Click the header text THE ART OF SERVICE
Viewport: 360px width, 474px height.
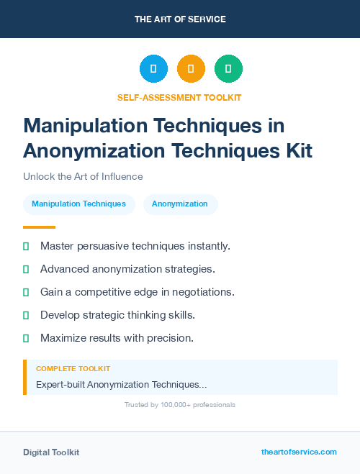pyautogui.click(x=180, y=19)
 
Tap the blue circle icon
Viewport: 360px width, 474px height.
pyautogui.click(x=153, y=69)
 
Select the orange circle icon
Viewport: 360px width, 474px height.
pyautogui.click(x=191, y=69)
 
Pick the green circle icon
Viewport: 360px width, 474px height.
pyautogui.click(x=228, y=69)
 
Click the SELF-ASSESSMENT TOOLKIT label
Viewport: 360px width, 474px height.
pyautogui.click(x=180, y=97)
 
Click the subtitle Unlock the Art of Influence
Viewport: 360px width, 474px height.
pyautogui.click(x=83, y=176)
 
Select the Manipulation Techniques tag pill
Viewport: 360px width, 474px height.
pyautogui.click(x=78, y=204)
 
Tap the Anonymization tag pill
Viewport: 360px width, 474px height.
pyautogui.click(x=180, y=204)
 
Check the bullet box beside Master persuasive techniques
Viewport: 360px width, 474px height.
pyautogui.click(x=26, y=246)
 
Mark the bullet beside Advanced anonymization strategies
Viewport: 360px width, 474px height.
pyautogui.click(x=26, y=269)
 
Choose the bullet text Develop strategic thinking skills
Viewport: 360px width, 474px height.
pyautogui.click(x=117, y=315)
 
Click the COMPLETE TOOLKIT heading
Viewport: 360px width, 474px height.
pyautogui.click(x=73, y=368)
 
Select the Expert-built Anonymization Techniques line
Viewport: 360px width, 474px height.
pyautogui.click(x=121, y=384)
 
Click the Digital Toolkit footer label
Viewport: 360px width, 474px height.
pyautogui.click(x=51, y=452)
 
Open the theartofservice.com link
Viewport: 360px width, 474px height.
pyautogui.click(x=299, y=452)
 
